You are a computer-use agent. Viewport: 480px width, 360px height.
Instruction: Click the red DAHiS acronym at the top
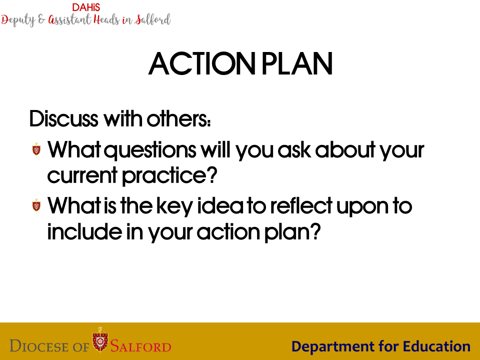click(x=86, y=7)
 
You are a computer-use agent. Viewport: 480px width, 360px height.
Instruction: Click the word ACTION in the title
click(x=201, y=63)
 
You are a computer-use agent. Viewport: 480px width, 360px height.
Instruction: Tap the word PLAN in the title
click(x=297, y=63)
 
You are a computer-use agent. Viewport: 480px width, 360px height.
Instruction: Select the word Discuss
click(x=63, y=118)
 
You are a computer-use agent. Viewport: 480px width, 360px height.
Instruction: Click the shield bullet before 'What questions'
click(x=36, y=149)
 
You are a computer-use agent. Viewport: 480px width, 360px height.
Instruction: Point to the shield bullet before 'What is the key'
click(x=36, y=205)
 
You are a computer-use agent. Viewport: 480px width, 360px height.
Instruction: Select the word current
click(x=82, y=175)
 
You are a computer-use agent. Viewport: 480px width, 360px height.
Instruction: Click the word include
click(x=84, y=231)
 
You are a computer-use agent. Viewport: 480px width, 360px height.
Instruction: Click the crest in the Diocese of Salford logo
click(x=100, y=340)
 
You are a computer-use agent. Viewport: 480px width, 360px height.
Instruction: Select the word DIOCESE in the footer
click(x=39, y=346)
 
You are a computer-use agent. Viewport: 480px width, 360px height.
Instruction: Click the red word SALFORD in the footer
click(x=141, y=346)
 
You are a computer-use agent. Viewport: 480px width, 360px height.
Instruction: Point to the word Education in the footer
click(x=436, y=346)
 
